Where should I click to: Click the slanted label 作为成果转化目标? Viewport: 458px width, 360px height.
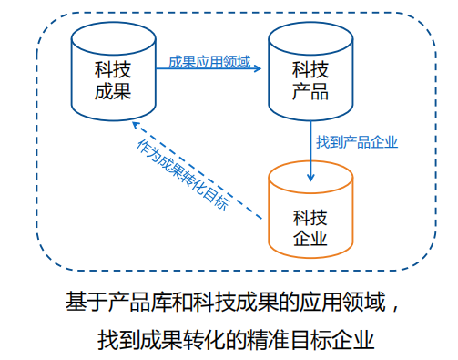point(183,173)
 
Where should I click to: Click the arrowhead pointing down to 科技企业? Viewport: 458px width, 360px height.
point(310,177)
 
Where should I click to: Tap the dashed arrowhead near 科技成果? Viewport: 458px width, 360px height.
point(135,124)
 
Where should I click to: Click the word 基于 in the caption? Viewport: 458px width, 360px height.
point(81,300)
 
